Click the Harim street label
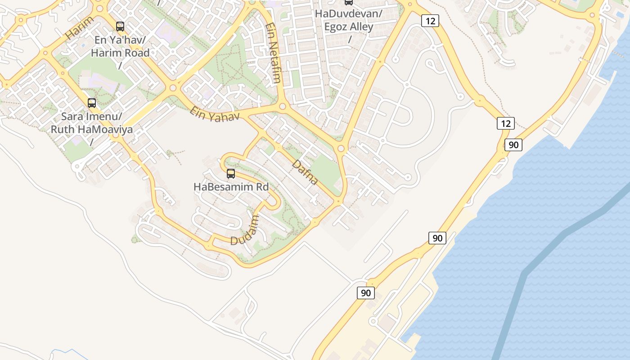coord(80,28)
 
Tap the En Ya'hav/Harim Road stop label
coord(120,46)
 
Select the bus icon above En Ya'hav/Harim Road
coord(120,27)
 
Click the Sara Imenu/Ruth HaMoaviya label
coord(91,123)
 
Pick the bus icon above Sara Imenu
coord(92,103)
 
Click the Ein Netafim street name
coord(274,53)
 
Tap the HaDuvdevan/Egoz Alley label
coord(349,20)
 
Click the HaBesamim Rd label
coord(231,186)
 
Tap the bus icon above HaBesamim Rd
coord(231,174)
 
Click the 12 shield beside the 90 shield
coord(506,123)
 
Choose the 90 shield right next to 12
coord(513,145)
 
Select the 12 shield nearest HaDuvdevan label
coord(430,21)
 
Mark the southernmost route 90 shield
coord(366,293)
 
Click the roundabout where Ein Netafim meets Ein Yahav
coord(283,107)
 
